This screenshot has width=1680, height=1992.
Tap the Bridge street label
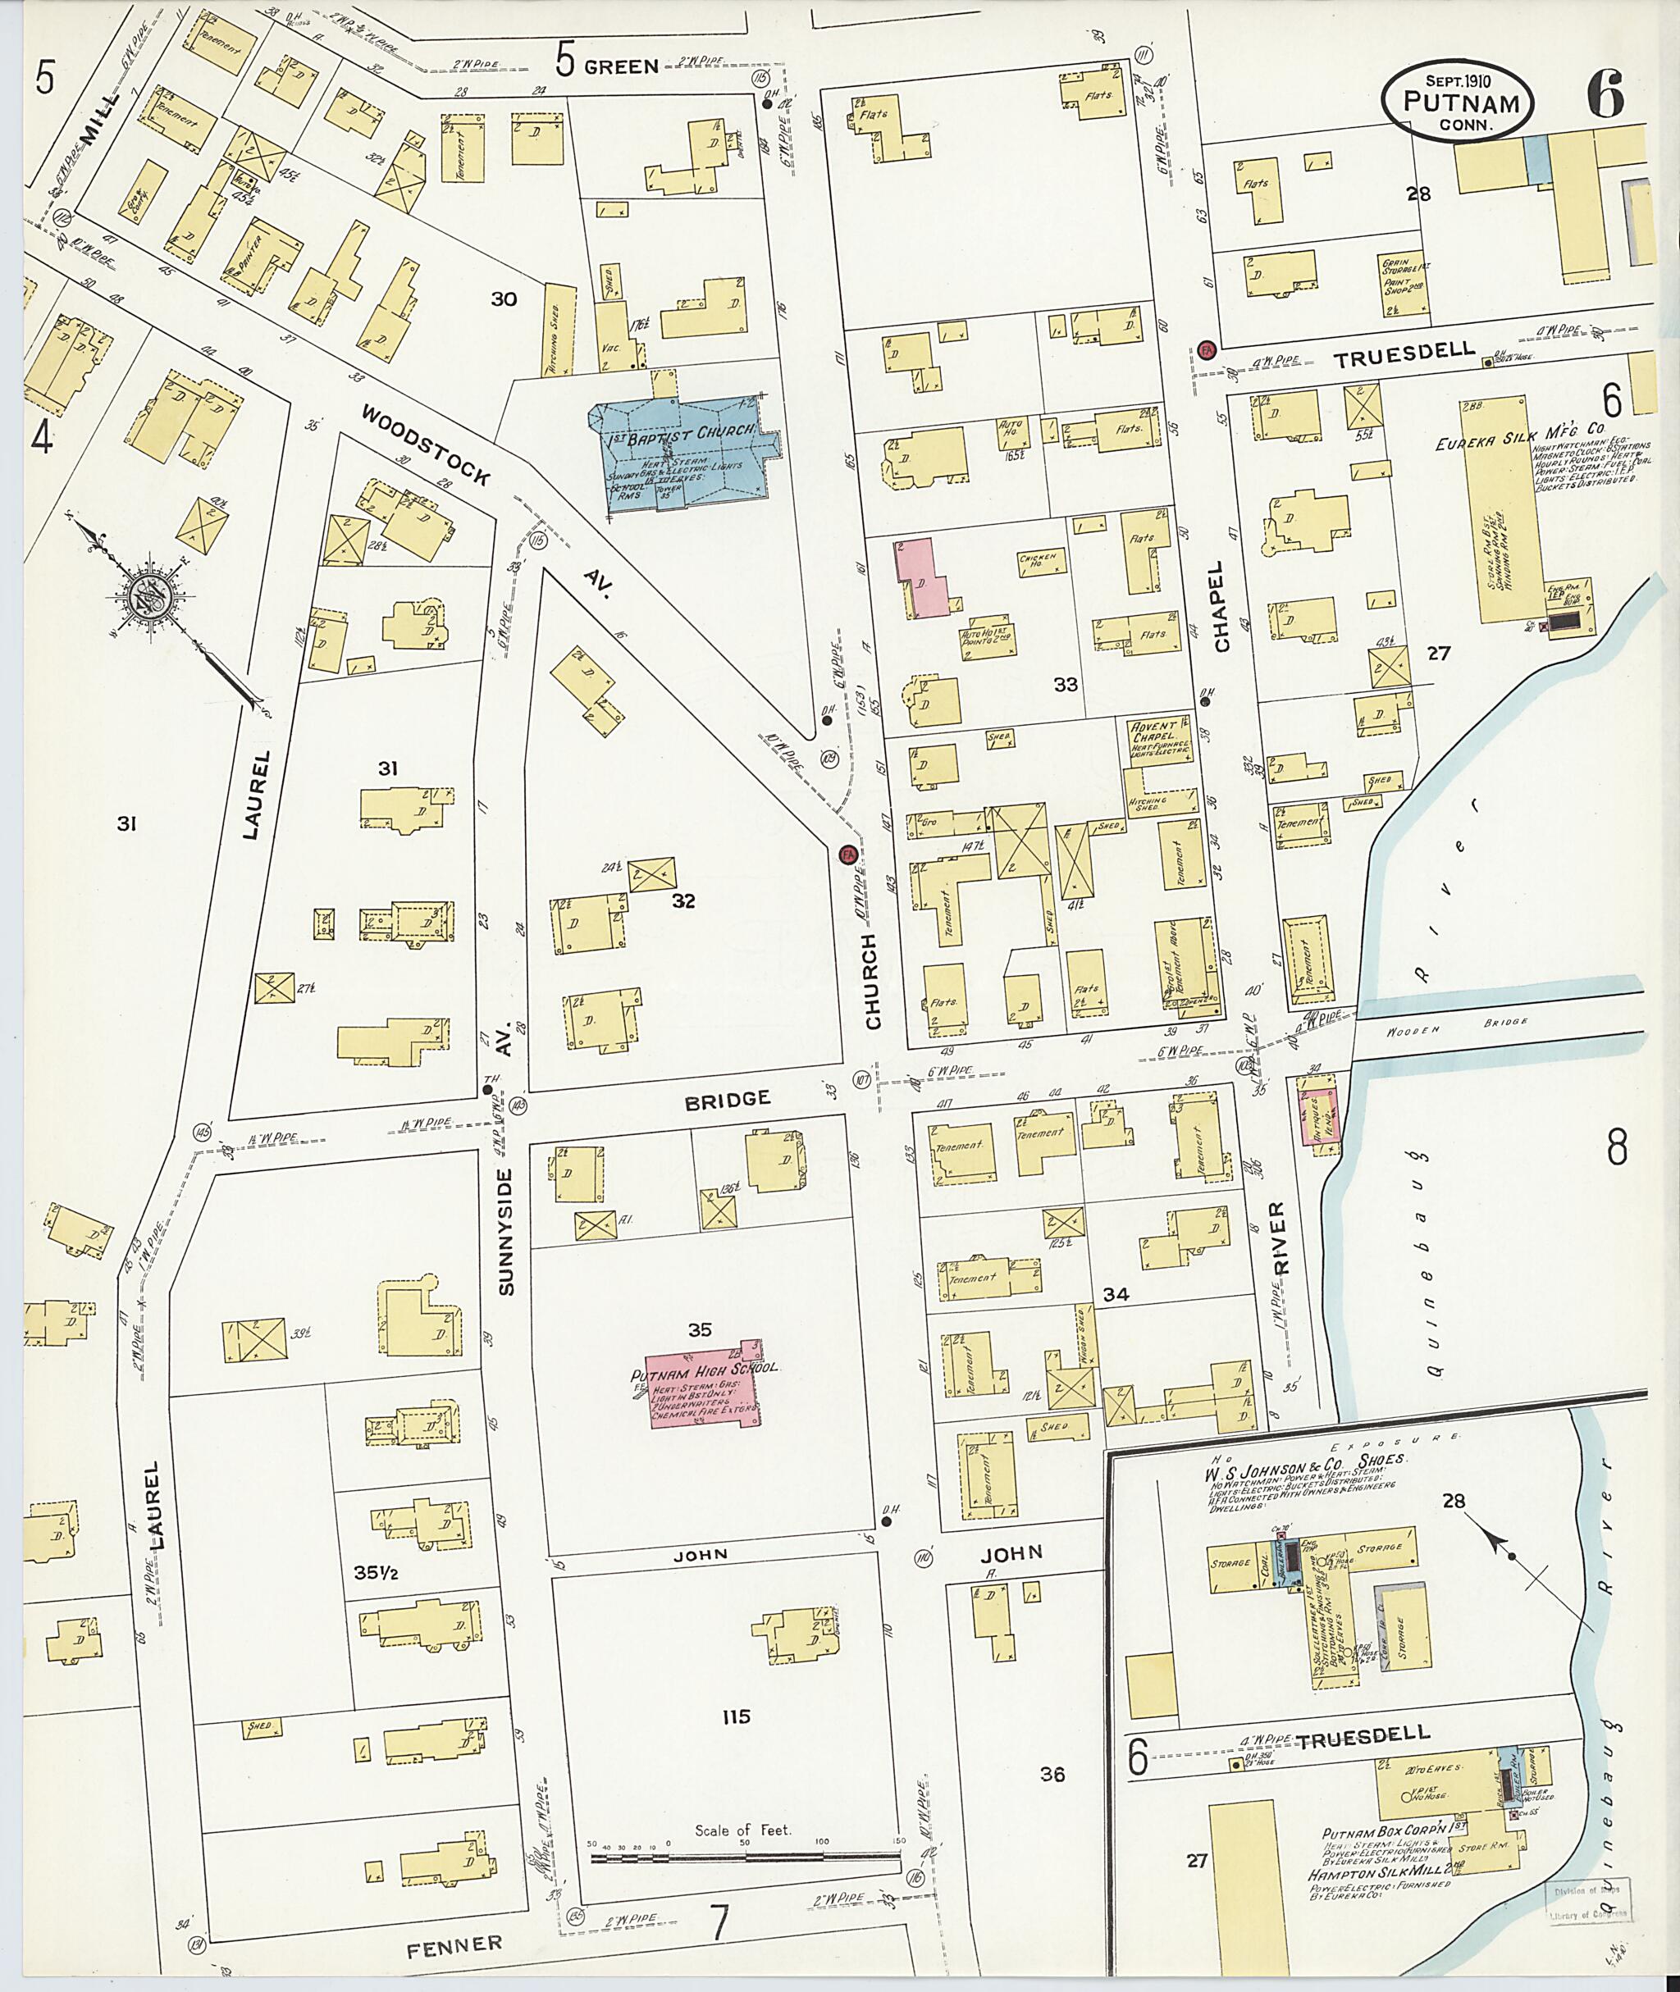(727, 1100)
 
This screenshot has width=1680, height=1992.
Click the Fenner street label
(454, 1944)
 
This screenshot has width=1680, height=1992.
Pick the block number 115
(735, 1716)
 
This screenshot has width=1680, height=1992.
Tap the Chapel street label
(1223, 618)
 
